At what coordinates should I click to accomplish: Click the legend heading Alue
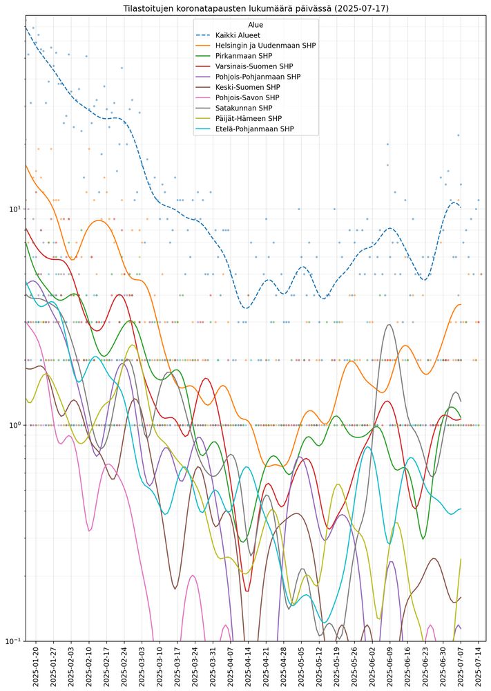[256, 24]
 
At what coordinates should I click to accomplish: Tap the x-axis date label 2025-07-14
[479, 666]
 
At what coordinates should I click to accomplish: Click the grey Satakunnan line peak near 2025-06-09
[390, 325]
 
